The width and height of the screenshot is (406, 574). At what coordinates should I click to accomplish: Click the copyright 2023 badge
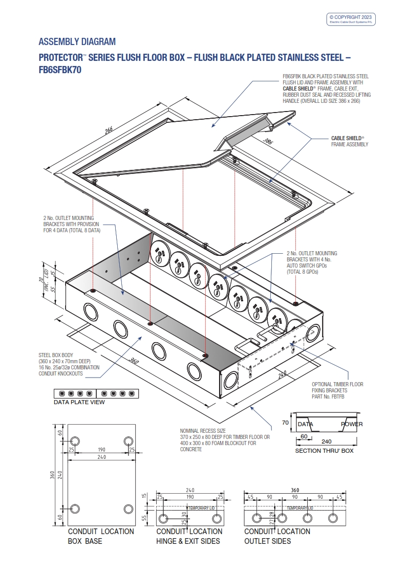352,19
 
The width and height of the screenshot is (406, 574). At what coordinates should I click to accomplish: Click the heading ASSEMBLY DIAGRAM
77,41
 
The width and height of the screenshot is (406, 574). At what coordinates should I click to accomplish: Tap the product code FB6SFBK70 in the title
60,70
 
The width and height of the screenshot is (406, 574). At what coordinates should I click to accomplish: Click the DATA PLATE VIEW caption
79,402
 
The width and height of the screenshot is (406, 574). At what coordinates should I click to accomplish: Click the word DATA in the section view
306,424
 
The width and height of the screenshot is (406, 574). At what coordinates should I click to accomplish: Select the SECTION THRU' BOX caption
324,451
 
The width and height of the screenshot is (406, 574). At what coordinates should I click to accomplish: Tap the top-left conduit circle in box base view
75,441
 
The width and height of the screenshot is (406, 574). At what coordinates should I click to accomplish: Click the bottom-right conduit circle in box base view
129,509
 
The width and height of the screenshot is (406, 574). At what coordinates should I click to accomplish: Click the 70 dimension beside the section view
286,423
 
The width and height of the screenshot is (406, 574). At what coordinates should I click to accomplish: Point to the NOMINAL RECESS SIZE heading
203,431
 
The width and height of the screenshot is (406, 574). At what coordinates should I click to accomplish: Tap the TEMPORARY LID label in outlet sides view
301,507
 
